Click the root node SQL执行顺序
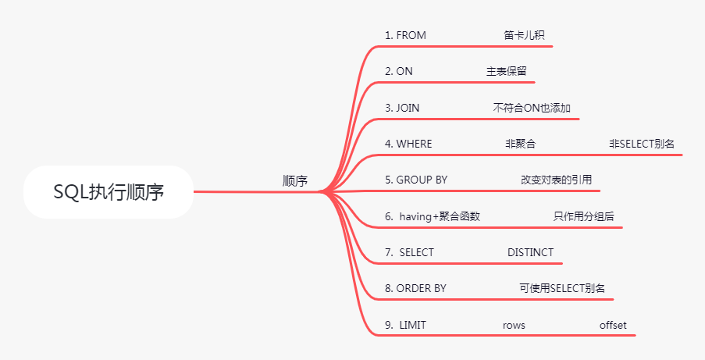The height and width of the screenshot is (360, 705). pos(109,192)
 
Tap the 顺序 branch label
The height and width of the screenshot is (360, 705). pos(295,181)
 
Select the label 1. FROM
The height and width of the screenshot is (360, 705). pos(405,35)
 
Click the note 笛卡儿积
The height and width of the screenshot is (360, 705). pos(519,35)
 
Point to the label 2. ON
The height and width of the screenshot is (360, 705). pos(399,71)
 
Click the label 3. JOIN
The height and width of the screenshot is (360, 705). pos(402,108)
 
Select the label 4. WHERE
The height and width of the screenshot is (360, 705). pos(408,144)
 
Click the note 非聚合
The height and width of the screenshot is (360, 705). pos(521,144)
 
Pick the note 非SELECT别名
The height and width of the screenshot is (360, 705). pos(643,144)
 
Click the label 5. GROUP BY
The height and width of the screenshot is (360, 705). pos(416,180)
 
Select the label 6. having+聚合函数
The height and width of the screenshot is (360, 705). pos(432,216)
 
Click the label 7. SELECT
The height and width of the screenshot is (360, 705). pos(409,252)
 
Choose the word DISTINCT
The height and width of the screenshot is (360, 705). pos(530,252)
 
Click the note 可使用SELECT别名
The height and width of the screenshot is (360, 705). pos(562,288)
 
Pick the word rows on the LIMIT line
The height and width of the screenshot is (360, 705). pos(515,325)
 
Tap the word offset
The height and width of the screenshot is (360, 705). pos(613,325)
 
